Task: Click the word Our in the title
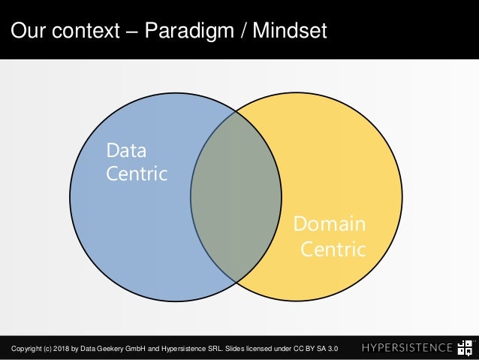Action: pos(28,32)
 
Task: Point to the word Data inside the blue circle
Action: pos(126,150)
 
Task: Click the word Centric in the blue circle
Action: pos(137,174)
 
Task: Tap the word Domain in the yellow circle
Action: pos(329,224)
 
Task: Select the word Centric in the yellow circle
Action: pos(333,248)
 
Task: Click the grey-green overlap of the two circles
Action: pos(236,197)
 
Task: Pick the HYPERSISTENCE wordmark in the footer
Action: pos(407,348)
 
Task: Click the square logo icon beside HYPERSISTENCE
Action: pos(465,347)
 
